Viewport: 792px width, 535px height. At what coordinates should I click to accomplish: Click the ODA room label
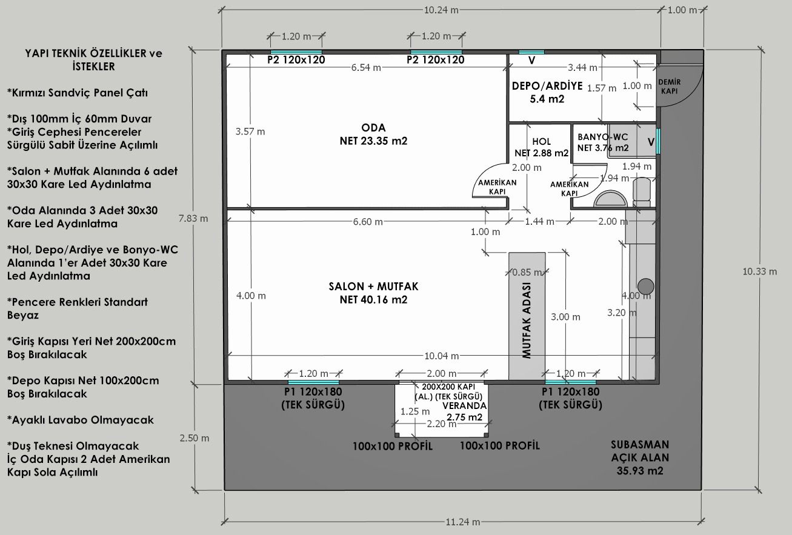tap(373, 134)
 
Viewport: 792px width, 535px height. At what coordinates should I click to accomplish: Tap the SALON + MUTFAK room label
tap(373, 293)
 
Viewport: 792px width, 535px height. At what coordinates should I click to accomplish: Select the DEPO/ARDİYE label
tap(547, 92)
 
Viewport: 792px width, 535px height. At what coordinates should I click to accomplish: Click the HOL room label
tap(541, 147)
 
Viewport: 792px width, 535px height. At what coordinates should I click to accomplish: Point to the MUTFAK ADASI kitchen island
tap(527, 316)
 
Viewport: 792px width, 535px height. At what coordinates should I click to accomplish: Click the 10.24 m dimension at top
tap(441, 10)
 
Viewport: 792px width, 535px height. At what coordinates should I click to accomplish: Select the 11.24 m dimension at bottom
tap(462, 522)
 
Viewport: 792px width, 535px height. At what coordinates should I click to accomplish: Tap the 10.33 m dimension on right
tap(759, 271)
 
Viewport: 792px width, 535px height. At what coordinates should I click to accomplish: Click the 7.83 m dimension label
tap(193, 218)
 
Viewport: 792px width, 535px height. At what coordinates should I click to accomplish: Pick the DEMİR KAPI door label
tap(670, 87)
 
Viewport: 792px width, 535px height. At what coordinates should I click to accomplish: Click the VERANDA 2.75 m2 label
tap(464, 411)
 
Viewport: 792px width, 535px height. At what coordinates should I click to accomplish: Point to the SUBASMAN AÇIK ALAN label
tap(640, 457)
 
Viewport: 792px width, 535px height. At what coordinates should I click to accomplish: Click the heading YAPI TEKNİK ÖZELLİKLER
tap(94, 60)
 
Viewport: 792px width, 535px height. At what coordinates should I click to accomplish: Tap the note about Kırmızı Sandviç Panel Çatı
tap(78, 93)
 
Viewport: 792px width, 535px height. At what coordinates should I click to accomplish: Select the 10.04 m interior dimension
tap(441, 356)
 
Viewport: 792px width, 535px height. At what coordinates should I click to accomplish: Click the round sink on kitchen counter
tap(645, 286)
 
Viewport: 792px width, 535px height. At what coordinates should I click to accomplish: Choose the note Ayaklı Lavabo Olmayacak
tap(80, 420)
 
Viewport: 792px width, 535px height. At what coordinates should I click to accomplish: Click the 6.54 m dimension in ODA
tap(366, 67)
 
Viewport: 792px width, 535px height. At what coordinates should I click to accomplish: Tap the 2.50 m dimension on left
tap(194, 438)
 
